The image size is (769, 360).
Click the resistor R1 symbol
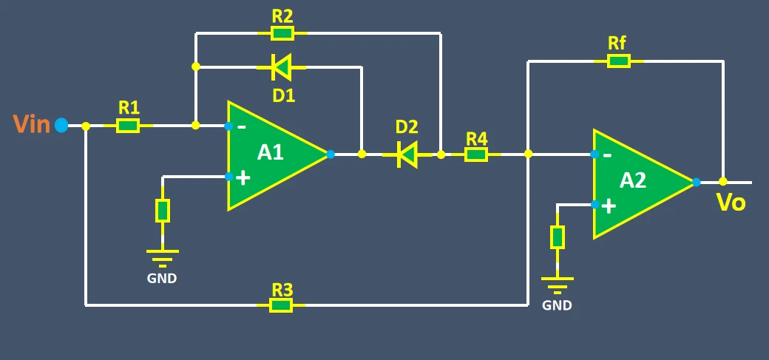128,126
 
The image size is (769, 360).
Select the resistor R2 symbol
281,33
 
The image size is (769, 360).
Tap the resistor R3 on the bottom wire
281,305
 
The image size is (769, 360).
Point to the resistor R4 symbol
476,154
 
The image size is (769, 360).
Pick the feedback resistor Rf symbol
618,61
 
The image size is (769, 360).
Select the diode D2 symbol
406,154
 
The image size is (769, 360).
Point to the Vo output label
731,203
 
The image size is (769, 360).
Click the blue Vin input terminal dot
61,126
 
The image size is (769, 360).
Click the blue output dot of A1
330,154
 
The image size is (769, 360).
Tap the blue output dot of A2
696,182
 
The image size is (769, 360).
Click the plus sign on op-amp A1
243,177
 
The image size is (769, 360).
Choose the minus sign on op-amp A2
607,155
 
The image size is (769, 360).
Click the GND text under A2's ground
557,305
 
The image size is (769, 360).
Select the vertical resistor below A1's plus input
163,211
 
